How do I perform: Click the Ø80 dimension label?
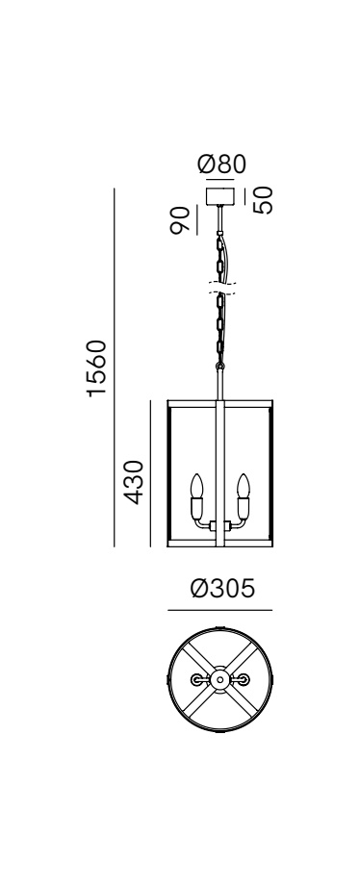(x=222, y=165)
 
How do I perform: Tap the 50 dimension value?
(x=263, y=200)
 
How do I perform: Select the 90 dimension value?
(x=181, y=220)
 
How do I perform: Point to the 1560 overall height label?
(x=97, y=368)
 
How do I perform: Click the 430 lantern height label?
(x=134, y=482)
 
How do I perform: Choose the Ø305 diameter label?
(x=223, y=589)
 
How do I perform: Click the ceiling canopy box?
(x=219, y=195)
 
